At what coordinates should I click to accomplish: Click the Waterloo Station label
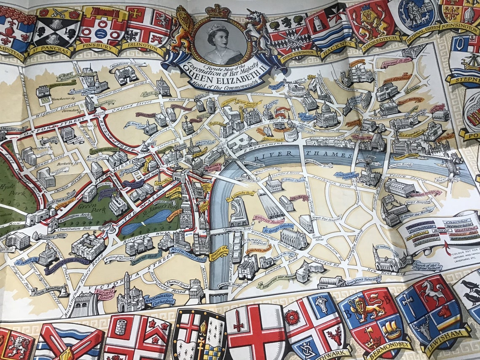tap(268, 219)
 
